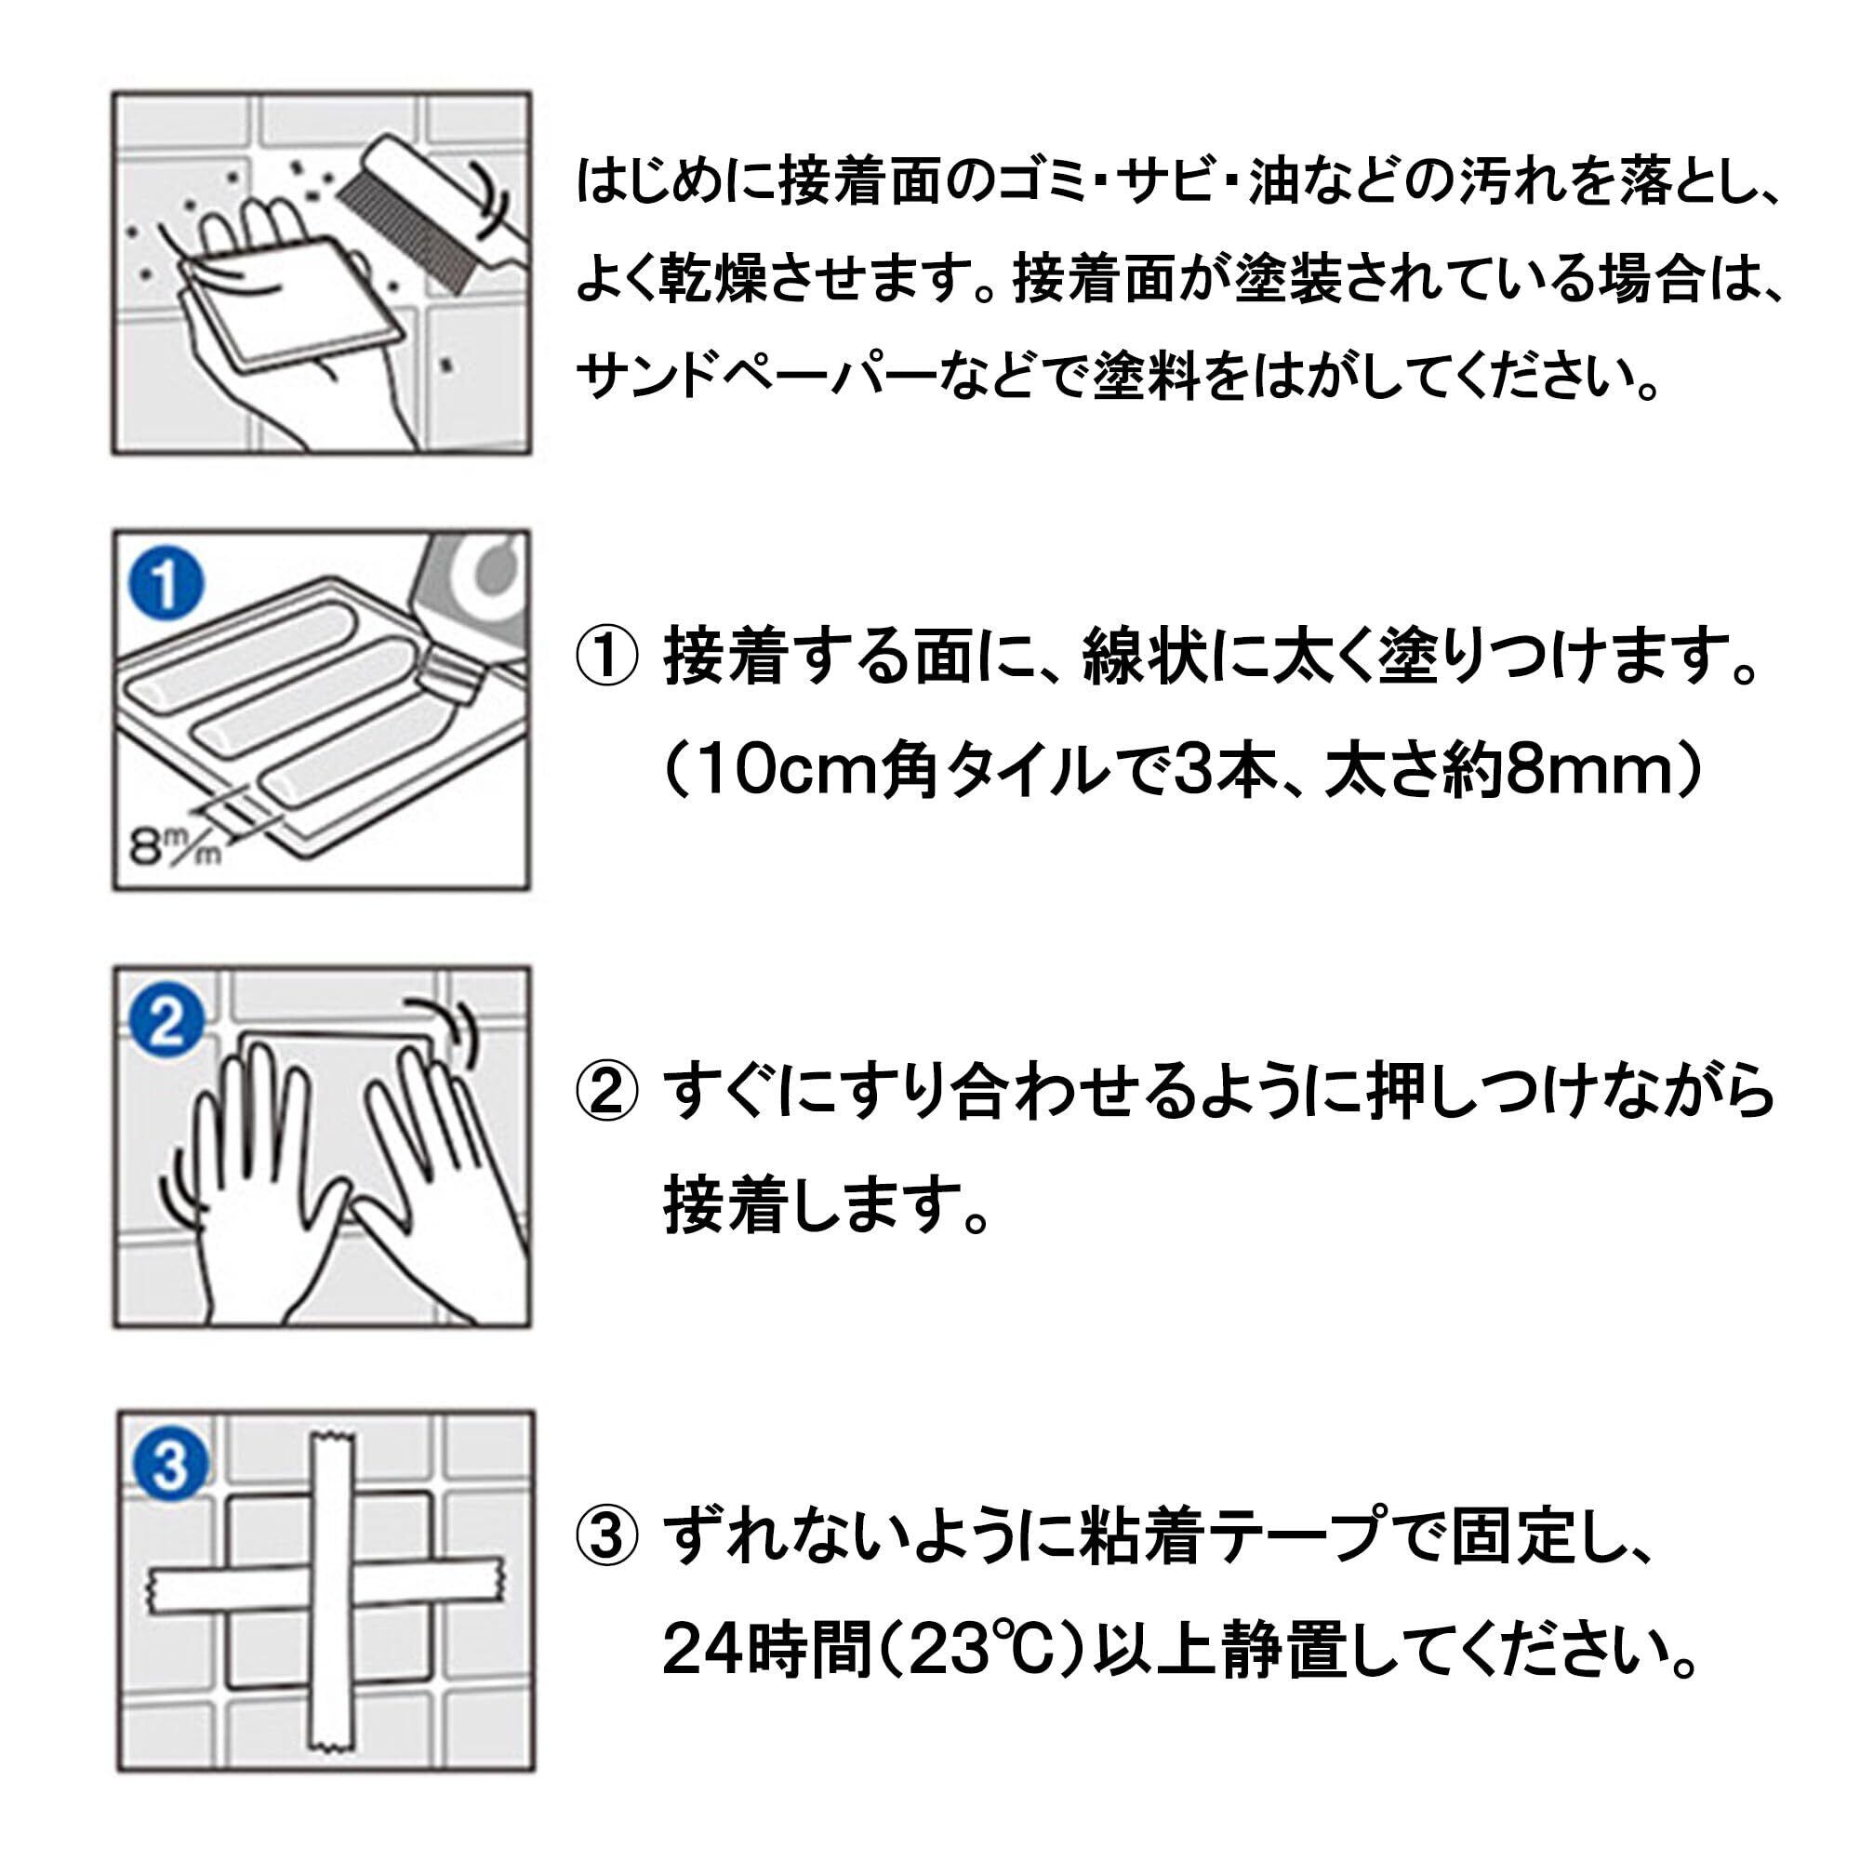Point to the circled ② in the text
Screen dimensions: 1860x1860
(x=606, y=1096)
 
